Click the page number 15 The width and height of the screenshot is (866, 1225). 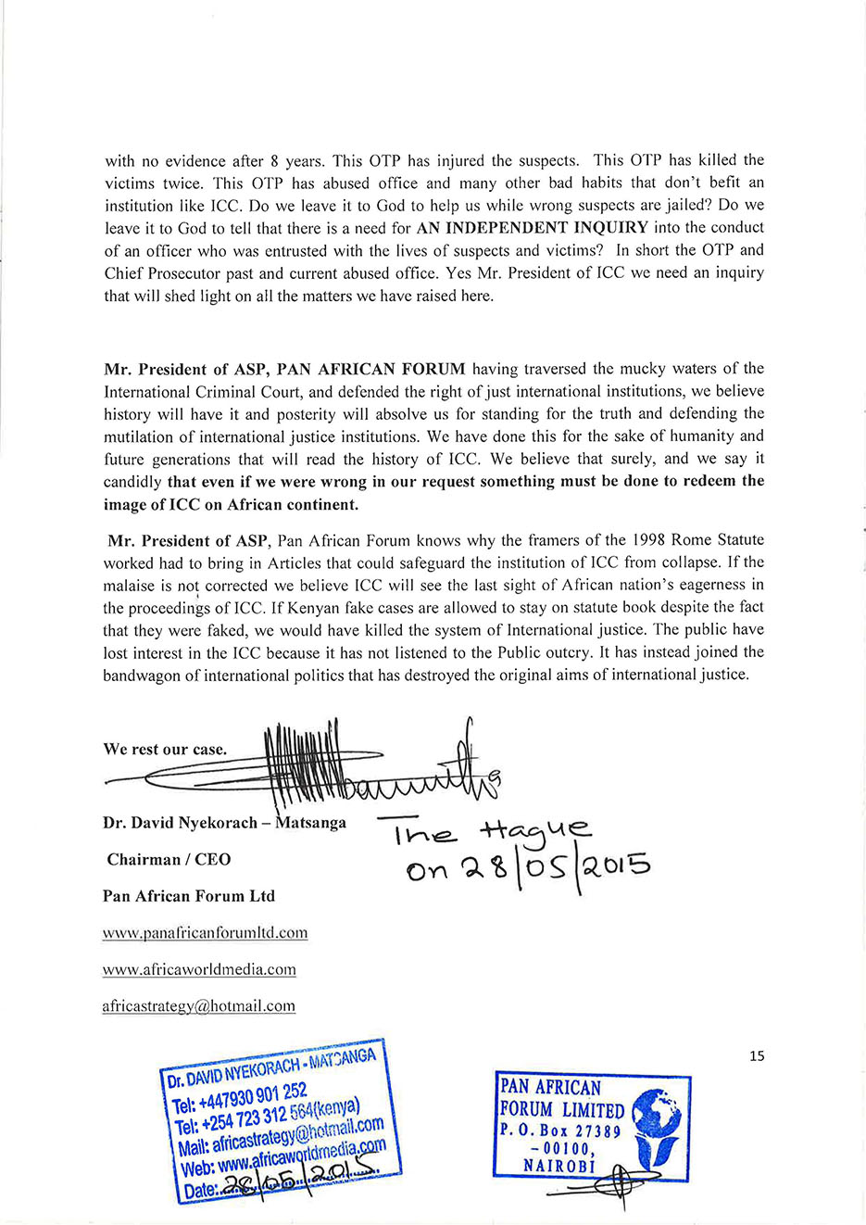757,1055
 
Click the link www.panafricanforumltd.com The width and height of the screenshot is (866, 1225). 205,933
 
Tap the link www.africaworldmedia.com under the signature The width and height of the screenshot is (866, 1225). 199,969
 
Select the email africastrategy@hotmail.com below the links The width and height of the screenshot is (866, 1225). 198,1005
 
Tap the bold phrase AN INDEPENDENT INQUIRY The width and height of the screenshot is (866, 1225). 533,227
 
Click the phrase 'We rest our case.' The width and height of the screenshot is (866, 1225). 165,749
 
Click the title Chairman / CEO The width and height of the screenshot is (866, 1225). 169,859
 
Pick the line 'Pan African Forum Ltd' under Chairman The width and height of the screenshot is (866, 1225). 189,896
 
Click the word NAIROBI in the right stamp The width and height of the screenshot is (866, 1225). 559,1166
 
